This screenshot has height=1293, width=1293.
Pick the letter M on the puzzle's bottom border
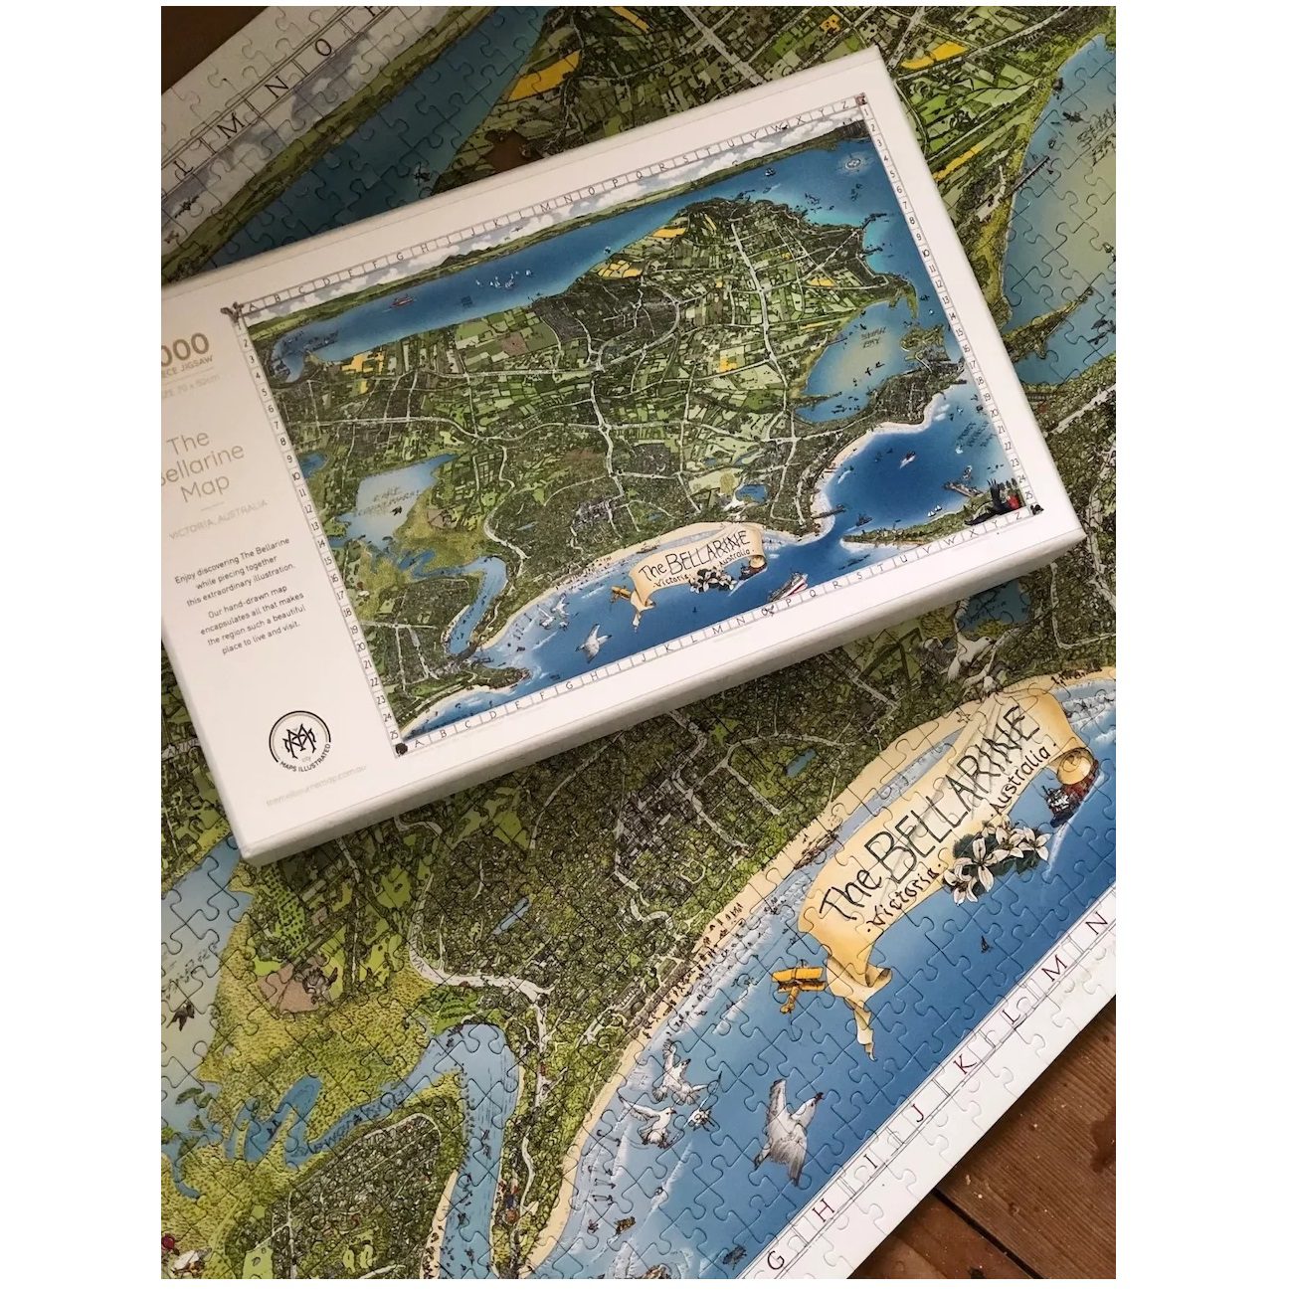pyautogui.click(x=1056, y=966)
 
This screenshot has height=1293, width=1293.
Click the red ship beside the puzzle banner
pyautogui.click(x=1065, y=796)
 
